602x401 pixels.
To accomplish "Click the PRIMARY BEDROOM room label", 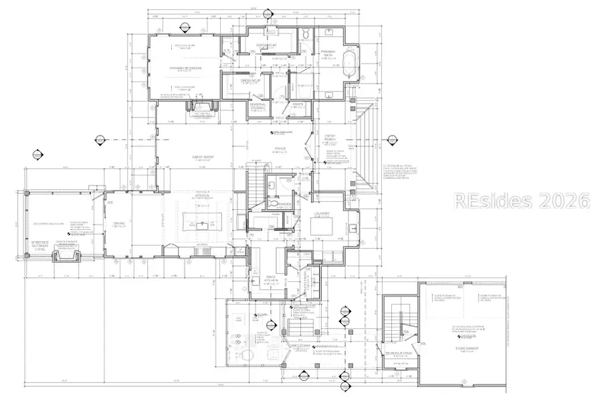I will [x=185, y=68].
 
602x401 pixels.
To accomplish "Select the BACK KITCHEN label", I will [x=272, y=279].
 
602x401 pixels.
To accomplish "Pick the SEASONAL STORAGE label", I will [x=258, y=106].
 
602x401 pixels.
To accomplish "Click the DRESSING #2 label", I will [x=268, y=45].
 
